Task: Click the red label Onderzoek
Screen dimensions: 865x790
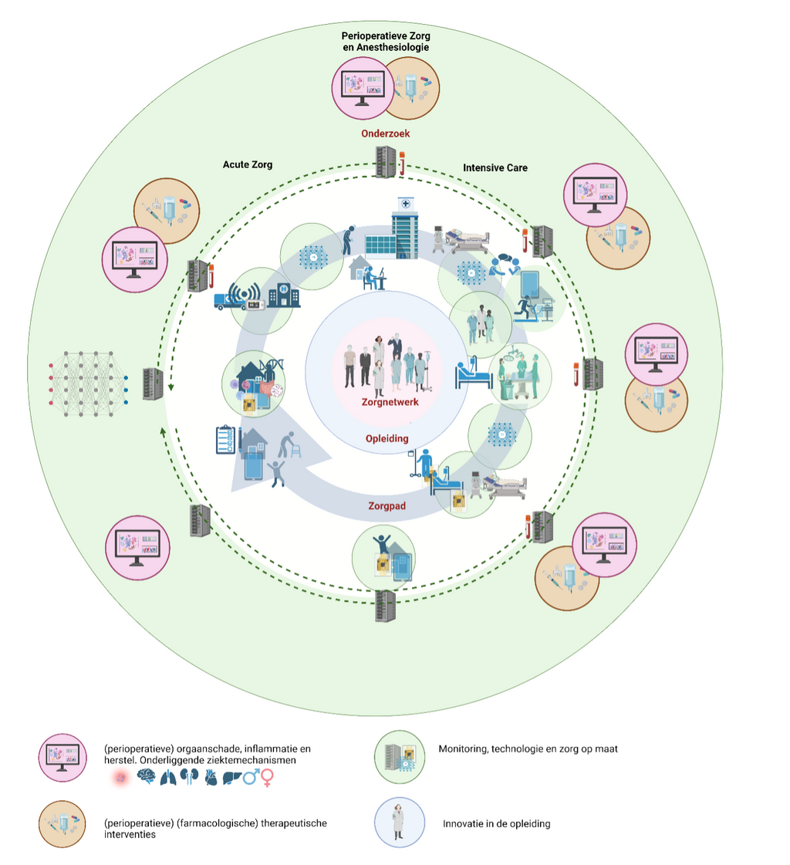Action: (387, 133)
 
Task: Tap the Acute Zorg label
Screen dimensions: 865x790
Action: (247, 164)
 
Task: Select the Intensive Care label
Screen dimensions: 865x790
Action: (495, 167)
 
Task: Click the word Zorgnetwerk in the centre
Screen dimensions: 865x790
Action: (390, 402)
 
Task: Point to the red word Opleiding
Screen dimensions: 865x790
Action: (387, 438)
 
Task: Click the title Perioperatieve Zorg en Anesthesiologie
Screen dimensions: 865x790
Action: (386, 42)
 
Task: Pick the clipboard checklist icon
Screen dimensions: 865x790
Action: (225, 441)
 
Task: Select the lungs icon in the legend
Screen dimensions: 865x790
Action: (167, 778)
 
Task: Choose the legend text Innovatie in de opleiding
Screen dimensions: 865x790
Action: (496, 823)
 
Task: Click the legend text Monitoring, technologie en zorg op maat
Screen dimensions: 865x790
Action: (528, 748)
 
